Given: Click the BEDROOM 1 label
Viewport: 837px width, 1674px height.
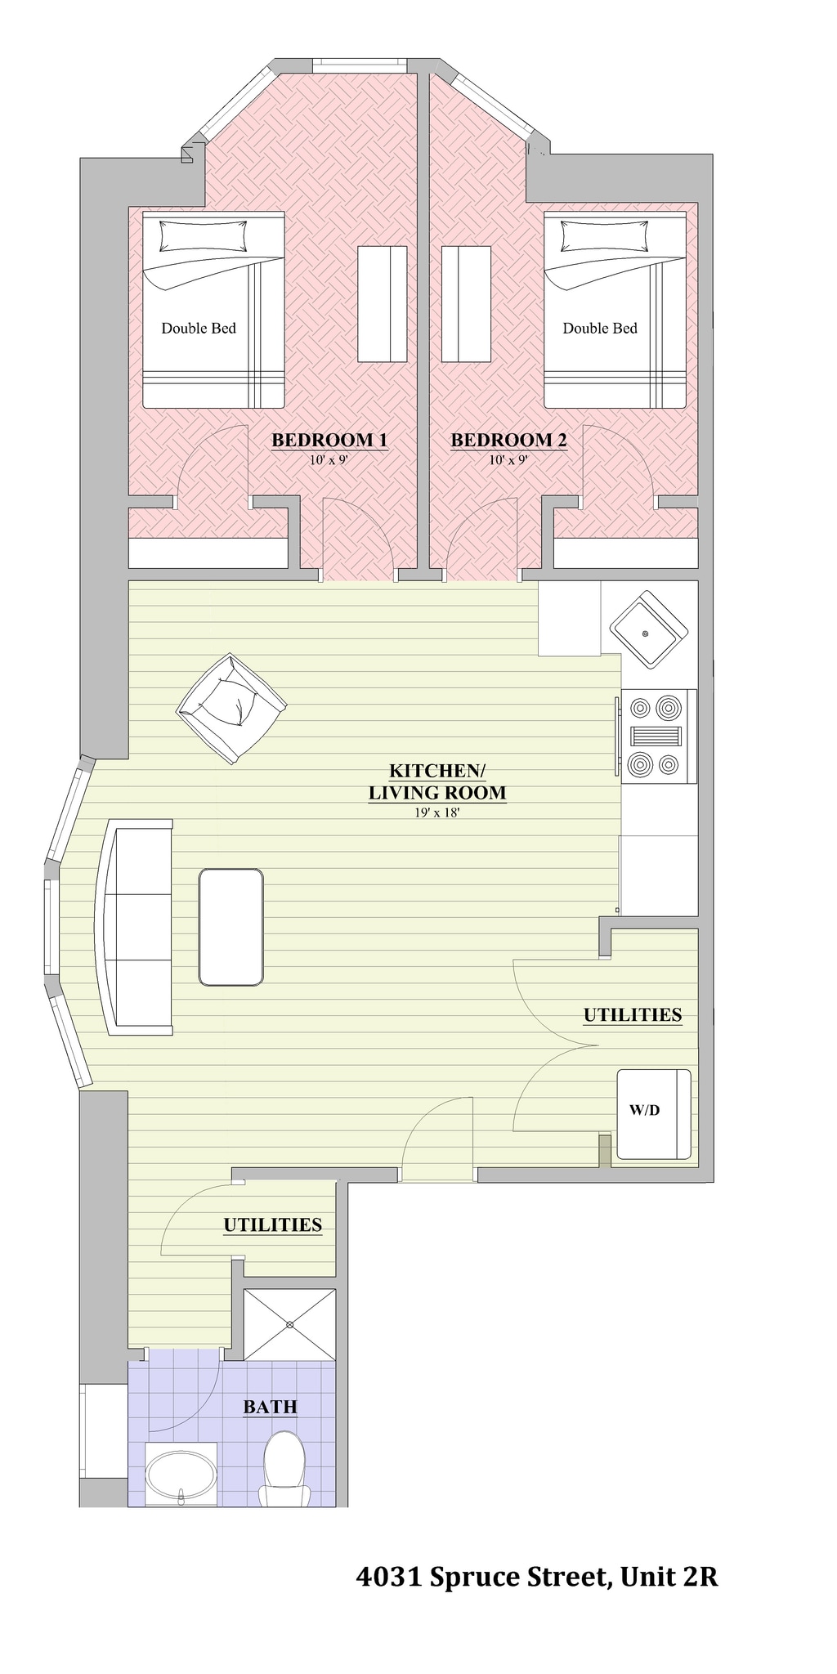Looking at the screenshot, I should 329,440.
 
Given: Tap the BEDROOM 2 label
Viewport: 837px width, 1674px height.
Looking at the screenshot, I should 508,440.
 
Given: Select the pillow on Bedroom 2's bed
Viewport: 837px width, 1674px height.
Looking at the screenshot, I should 604,237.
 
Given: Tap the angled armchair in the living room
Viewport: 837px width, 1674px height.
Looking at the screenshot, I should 232,707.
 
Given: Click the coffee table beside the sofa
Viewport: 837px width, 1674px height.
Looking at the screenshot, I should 231,927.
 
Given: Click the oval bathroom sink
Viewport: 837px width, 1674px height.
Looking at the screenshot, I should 181,1474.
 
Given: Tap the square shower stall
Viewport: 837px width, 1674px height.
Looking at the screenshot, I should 290,1324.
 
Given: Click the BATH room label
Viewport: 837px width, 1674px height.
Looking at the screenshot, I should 270,1407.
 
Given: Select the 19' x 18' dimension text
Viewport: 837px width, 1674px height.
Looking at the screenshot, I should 437,812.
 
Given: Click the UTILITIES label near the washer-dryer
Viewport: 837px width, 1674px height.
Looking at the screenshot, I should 632,1015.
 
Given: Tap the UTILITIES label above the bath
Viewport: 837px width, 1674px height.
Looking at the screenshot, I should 272,1224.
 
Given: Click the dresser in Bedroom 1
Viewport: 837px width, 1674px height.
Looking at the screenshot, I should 383,304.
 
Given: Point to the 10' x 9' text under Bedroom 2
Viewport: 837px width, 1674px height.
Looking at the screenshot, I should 508,460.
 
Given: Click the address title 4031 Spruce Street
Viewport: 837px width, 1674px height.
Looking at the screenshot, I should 536,1577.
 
